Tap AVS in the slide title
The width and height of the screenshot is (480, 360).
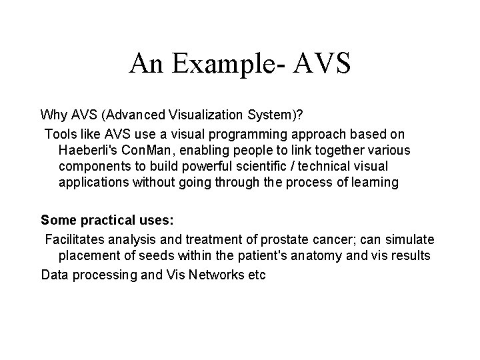[319, 63]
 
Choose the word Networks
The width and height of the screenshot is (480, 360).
[209, 274]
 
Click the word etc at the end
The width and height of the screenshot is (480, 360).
[256, 274]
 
